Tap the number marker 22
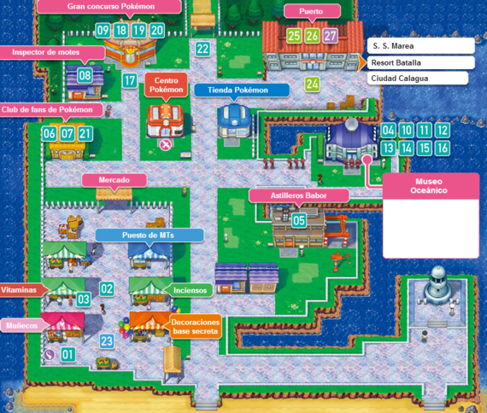pos(202,49)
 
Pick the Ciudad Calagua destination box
pos(418,79)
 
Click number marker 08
pos(85,75)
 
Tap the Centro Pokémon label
pos(165,84)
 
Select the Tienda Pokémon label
pos(232,90)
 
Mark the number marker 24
pos(312,84)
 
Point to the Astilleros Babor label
pos(298,195)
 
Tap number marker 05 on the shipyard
pos(299,220)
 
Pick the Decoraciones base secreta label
pos(196,327)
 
